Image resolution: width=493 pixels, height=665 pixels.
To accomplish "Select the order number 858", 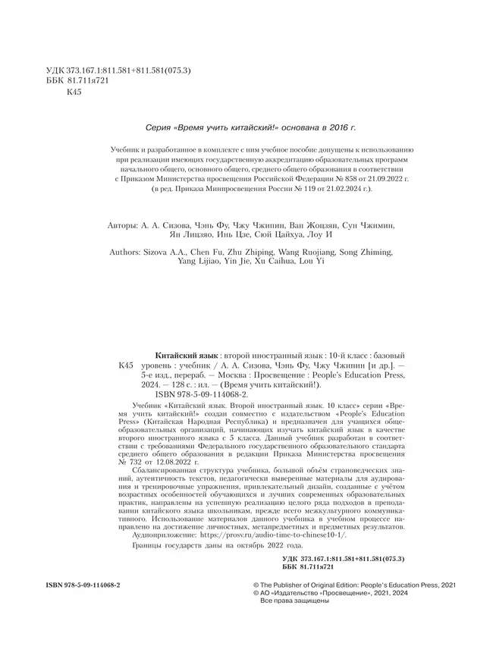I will pyautogui.click(x=295, y=179).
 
